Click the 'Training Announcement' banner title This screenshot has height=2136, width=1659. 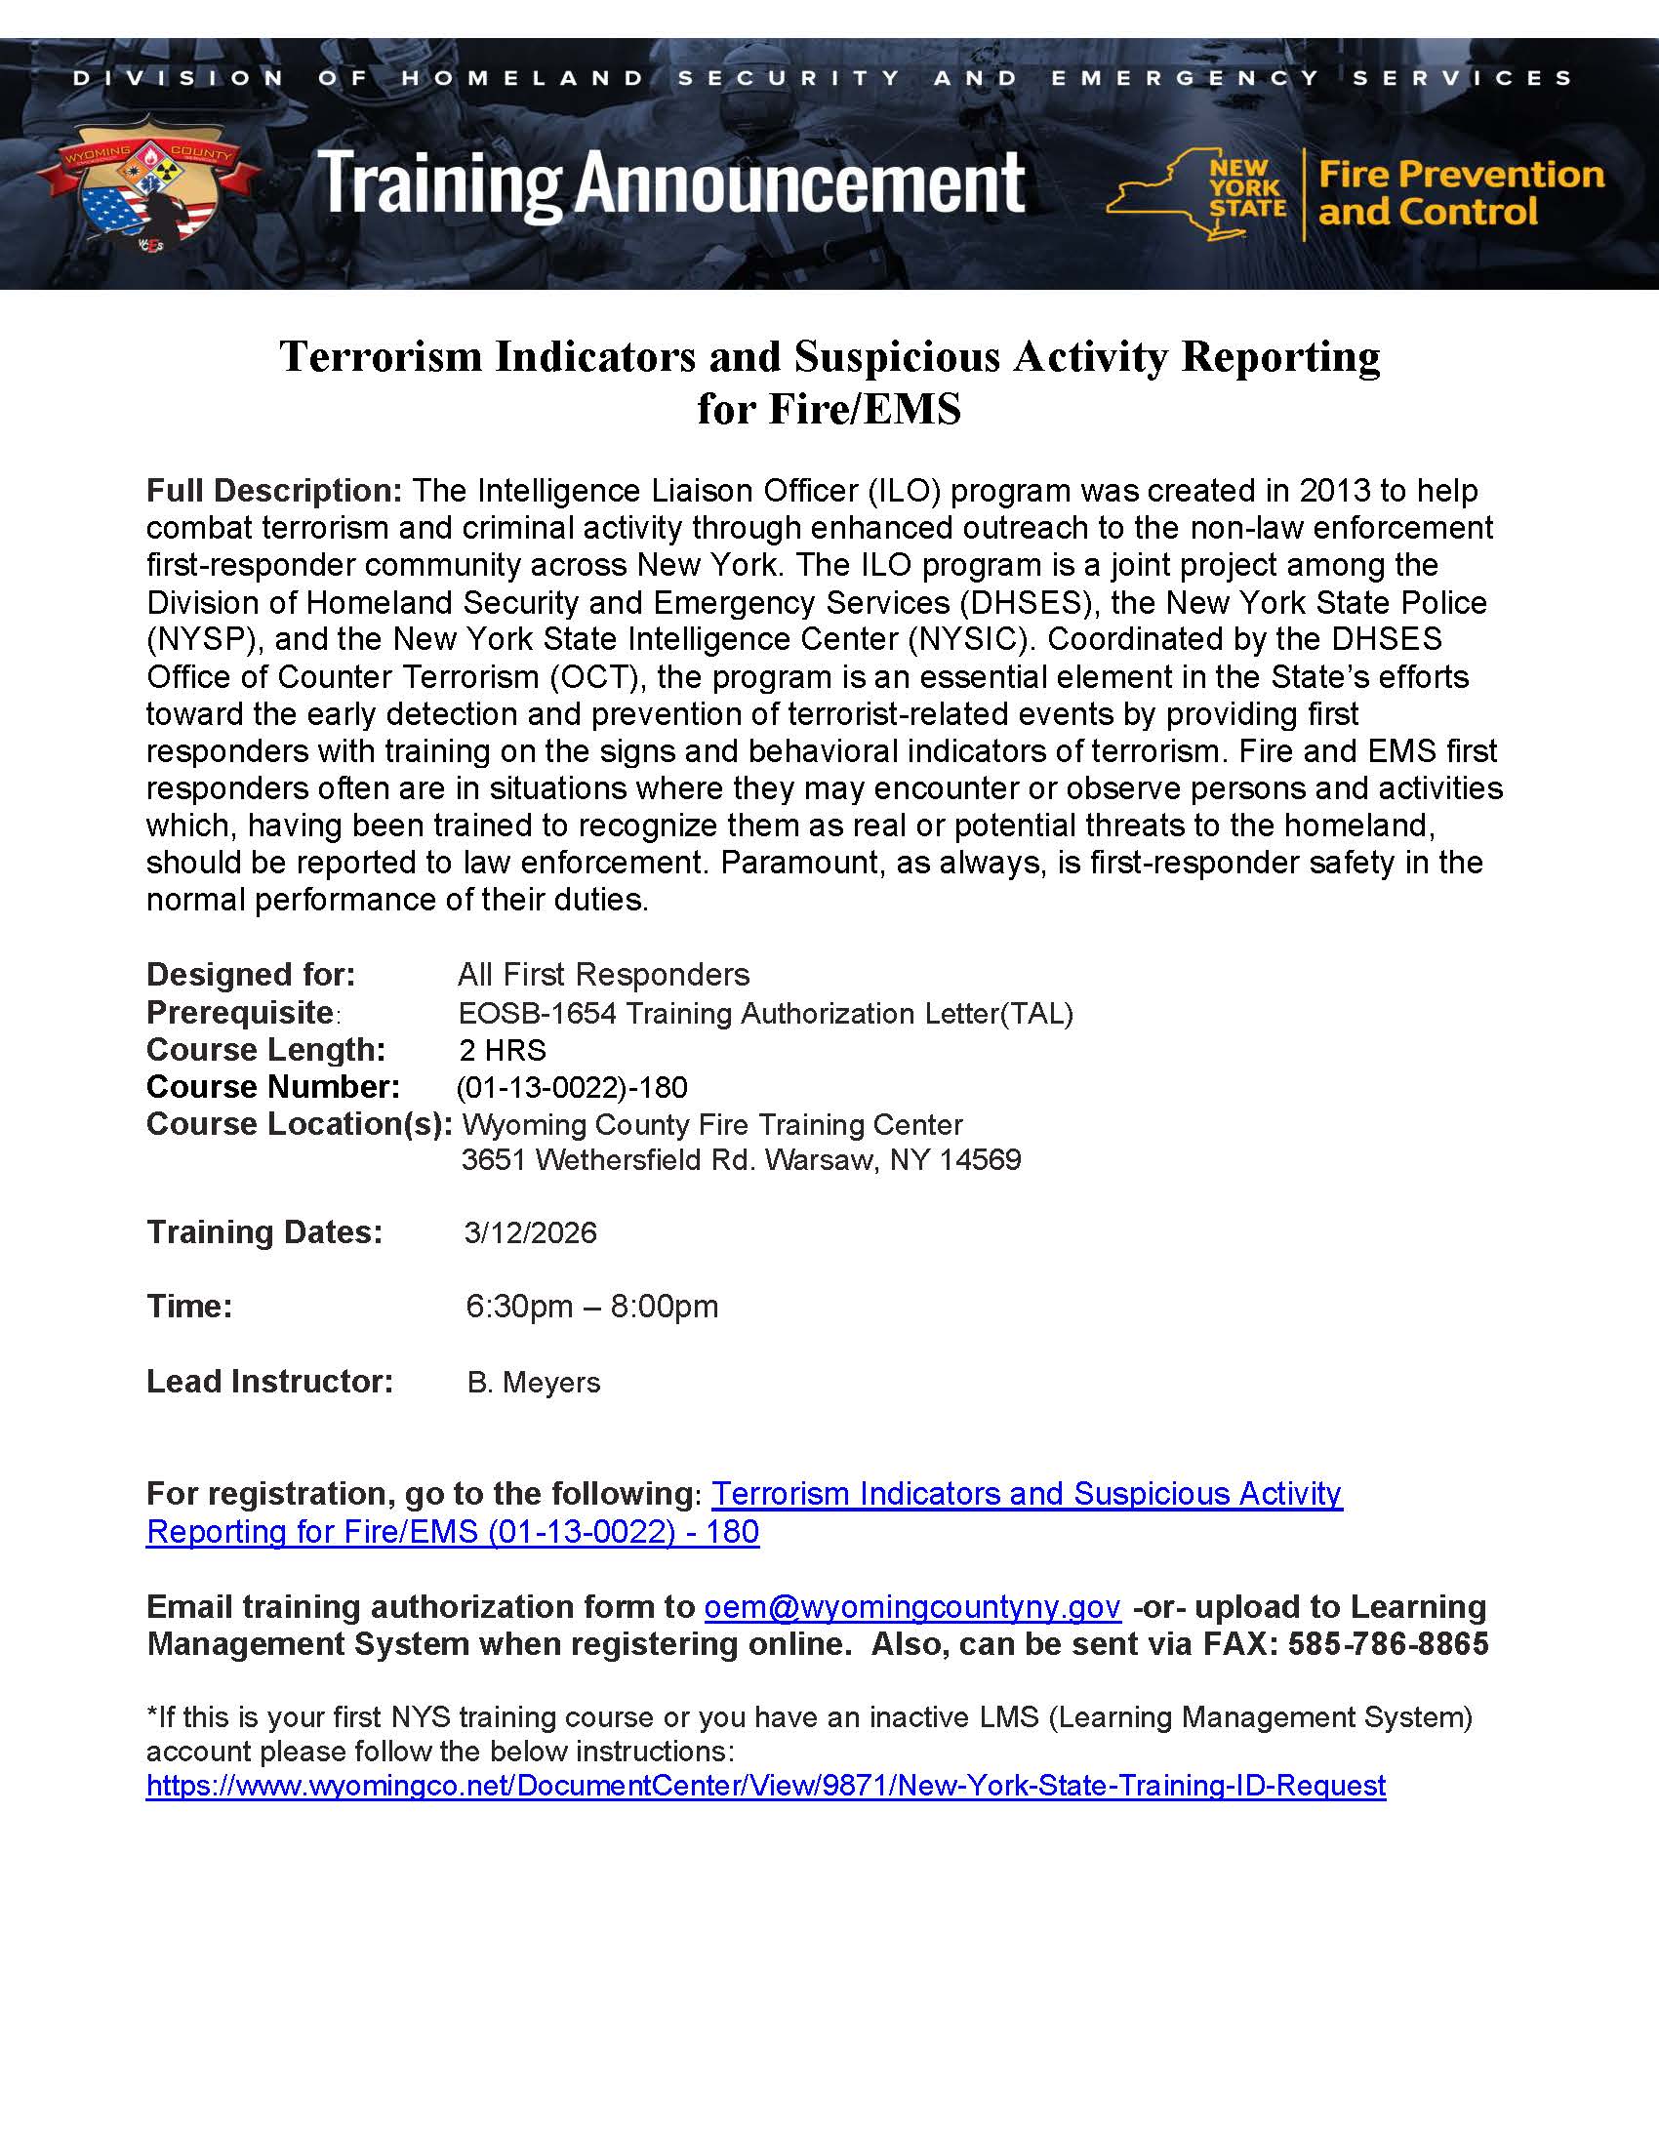[x=671, y=182]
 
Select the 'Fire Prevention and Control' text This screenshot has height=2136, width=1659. [x=1461, y=193]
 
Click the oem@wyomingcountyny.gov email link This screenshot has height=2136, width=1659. [x=911, y=1608]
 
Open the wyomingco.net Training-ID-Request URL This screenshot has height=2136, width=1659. [x=766, y=1786]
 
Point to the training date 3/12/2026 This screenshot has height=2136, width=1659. [x=530, y=1232]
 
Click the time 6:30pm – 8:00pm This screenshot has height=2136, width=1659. [x=591, y=1307]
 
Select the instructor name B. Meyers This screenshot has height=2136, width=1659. [x=534, y=1382]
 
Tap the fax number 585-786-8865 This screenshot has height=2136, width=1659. [x=1388, y=1644]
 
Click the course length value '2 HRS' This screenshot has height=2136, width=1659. [x=503, y=1050]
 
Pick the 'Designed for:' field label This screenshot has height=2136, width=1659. [x=251, y=975]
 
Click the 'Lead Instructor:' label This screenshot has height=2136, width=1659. [x=269, y=1381]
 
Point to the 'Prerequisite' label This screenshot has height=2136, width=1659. [x=241, y=1012]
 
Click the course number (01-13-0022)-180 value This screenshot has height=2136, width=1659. [x=572, y=1088]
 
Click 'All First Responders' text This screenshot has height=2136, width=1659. [x=602, y=975]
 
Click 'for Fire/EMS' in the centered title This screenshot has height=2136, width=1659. [x=829, y=409]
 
